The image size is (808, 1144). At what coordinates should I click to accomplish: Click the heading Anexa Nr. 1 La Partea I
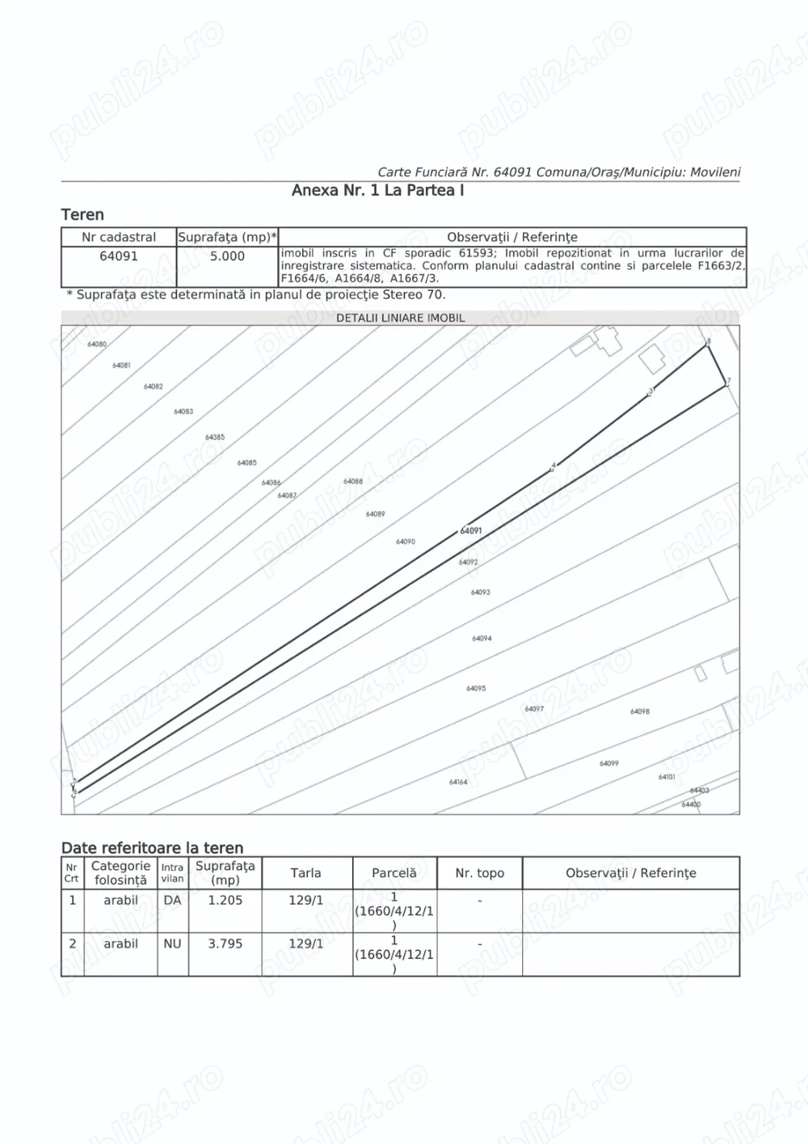(377, 191)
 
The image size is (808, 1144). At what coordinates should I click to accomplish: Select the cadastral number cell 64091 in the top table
(119, 256)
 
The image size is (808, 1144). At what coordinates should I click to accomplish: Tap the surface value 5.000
(227, 256)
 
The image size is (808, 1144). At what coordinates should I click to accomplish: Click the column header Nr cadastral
(119, 238)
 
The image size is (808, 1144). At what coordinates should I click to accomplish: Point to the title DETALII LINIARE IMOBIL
(400, 318)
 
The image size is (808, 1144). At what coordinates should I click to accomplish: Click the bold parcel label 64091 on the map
(471, 531)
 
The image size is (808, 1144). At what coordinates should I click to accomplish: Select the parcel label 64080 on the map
(97, 344)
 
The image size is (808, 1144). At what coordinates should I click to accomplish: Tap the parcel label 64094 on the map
(482, 639)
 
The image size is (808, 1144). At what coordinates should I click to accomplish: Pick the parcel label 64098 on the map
(640, 711)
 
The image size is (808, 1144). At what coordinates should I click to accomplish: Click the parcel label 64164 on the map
(458, 782)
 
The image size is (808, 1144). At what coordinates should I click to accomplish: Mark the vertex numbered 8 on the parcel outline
(709, 342)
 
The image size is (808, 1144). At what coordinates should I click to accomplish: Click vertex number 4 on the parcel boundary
(553, 466)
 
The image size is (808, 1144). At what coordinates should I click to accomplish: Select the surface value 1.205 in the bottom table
(225, 901)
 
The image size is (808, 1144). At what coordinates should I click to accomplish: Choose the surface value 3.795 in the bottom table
(225, 943)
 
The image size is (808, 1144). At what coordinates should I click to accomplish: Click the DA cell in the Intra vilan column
(172, 901)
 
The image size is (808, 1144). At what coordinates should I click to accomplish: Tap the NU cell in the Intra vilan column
(172, 943)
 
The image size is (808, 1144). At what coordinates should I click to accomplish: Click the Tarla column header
(305, 873)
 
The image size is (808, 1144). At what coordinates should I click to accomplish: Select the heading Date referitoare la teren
(153, 848)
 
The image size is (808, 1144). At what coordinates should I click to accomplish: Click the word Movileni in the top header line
(715, 172)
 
